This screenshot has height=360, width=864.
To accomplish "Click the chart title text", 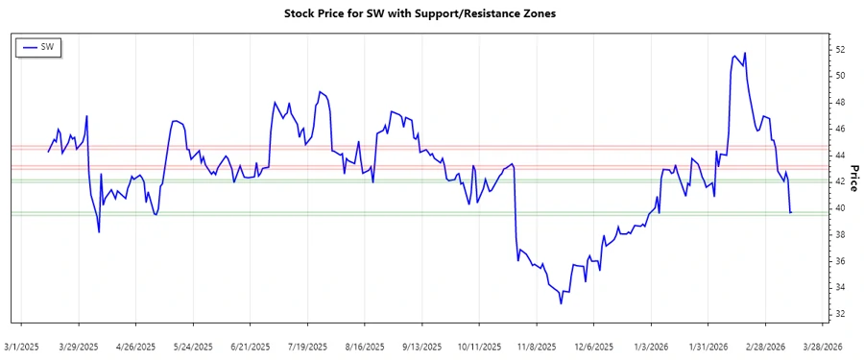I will [420, 14].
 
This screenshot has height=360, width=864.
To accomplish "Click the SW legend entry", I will [39, 47].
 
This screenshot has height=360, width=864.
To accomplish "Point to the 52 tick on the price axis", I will [840, 49].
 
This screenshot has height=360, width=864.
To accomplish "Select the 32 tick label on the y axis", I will [840, 314].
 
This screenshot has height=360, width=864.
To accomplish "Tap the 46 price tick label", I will [840, 129].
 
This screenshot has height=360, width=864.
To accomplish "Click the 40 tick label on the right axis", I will [840, 208].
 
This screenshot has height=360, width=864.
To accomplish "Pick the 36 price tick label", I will [840, 261].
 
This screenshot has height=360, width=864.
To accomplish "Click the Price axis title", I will [853, 179].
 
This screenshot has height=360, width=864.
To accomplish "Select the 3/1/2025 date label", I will [22, 346].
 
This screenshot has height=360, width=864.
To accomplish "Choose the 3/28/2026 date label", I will [822, 346].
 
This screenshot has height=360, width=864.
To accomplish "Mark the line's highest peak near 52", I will [745, 53].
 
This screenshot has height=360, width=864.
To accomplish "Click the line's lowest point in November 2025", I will [562, 304].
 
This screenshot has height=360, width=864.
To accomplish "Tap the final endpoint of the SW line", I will [791, 212].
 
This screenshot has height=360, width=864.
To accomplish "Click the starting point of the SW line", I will [48, 152].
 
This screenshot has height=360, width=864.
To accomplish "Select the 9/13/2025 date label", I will [422, 346].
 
